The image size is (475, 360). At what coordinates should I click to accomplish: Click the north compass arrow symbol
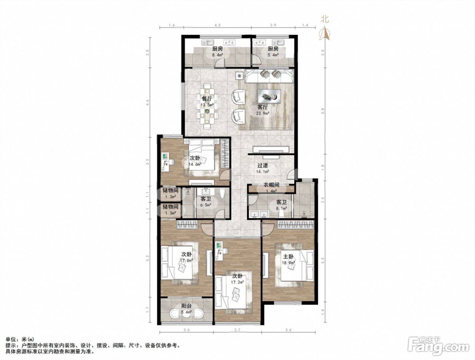click(324, 33)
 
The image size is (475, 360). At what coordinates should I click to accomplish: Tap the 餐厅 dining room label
click(207, 99)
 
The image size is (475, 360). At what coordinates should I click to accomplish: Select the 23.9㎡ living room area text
click(263, 113)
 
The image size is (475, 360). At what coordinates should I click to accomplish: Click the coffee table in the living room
click(269, 96)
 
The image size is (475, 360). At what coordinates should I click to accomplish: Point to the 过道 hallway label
click(263, 166)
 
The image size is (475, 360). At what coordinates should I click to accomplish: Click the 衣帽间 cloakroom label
click(271, 185)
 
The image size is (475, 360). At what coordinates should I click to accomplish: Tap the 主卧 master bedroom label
click(288, 257)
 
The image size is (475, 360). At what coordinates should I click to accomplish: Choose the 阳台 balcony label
click(187, 306)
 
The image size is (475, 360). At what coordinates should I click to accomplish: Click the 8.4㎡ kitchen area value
click(217, 55)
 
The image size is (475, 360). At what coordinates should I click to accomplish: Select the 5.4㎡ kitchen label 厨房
click(273, 49)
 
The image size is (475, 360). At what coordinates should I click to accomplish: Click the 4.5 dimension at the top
click(217, 25)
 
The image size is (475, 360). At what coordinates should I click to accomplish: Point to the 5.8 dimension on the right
click(323, 111)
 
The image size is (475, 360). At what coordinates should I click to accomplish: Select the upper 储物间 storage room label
click(170, 191)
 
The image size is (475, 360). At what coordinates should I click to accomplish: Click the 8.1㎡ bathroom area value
click(281, 208)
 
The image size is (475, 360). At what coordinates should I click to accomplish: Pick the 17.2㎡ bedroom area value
click(237, 282)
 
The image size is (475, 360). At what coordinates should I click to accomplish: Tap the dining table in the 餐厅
click(207, 106)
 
